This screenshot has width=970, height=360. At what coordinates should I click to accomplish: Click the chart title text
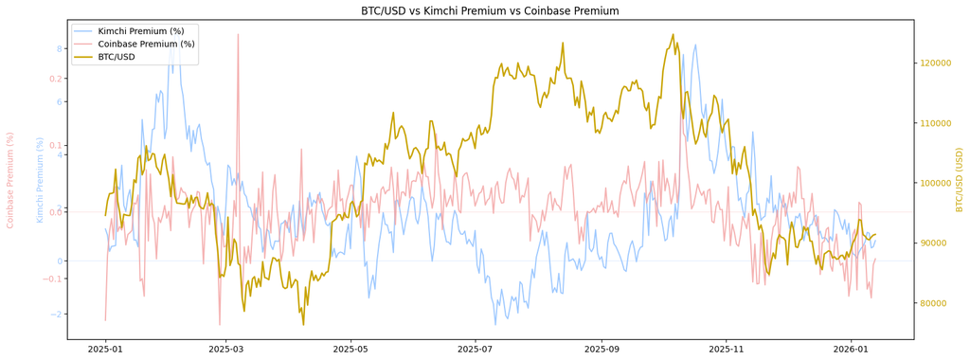[490, 11]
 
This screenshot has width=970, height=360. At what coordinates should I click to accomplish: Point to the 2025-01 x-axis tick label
[106, 350]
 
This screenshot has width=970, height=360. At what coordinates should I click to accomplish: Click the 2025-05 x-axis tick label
[350, 350]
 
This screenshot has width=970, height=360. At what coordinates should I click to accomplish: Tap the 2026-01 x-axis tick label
[852, 350]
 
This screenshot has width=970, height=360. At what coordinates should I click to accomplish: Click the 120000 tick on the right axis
[934, 63]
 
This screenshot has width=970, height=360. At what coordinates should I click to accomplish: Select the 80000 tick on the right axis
[932, 303]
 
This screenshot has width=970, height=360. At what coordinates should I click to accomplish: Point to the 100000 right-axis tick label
[934, 183]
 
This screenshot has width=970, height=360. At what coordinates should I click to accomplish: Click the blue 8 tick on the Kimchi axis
[59, 49]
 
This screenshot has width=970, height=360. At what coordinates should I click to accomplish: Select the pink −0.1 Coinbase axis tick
[54, 279]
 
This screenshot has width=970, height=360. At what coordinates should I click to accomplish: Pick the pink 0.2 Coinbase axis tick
[56, 79]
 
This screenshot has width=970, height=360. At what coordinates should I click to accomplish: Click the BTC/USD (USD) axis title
[960, 179]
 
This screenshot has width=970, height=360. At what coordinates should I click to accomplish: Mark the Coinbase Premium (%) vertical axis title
[9, 180]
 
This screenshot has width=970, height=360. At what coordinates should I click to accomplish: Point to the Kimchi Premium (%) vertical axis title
[40, 180]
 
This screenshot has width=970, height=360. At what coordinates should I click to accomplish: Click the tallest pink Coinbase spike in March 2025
[238, 35]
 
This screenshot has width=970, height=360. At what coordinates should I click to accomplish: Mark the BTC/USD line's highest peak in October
[674, 35]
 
